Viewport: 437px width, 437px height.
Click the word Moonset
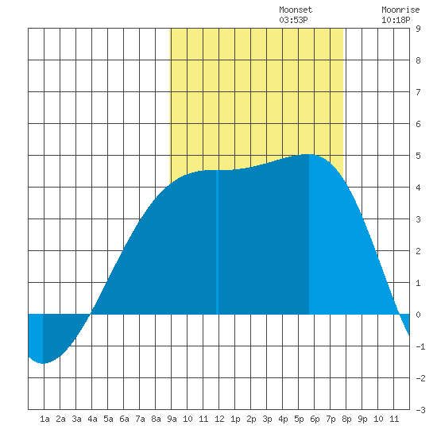click(x=296, y=10)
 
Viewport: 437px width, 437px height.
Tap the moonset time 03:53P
click(x=293, y=20)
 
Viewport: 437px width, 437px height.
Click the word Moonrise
click(x=400, y=10)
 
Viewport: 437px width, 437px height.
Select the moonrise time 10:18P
click(x=396, y=20)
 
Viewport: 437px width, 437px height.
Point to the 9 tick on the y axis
click(x=418, y=29)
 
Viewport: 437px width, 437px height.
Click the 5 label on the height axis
click(x=418, y=156)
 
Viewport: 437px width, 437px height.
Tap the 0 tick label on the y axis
click(x=418, y=315)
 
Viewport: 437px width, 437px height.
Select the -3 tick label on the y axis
click(x=420, y=410)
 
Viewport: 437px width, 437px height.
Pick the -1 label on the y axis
click(x=420, y=346)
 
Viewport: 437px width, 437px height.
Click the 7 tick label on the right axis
click(x=418, y=92)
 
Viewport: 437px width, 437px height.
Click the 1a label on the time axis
click(x=44, y=419)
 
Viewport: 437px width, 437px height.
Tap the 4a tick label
click(x=92, y=419)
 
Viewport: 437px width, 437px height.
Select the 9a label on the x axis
click(x=172, y=419)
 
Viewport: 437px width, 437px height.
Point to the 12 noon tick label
click(x=219, y=419)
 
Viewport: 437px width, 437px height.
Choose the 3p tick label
click(x=267, y=419)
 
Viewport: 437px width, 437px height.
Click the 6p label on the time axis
click(x=315, y=419)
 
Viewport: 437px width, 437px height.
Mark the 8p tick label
click(x=346, y=419)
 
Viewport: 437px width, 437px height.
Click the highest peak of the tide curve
click(x=308, y=154)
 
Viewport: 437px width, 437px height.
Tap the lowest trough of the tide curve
click(x=43, y=363)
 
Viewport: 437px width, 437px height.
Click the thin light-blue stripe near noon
click(x=217, y=242)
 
